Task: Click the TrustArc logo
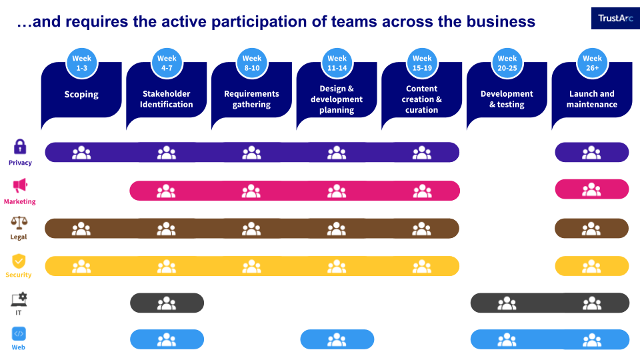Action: click(x=615, y=19)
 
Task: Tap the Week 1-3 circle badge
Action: click(x=81, y=63)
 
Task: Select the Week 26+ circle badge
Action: click(x=592, y=63)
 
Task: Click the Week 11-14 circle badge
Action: click(x=337, y=63)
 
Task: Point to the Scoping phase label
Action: click(x=81, y=94)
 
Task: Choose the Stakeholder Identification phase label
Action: click(x=167, y=99)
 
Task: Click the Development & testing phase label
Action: click(x=507, y=99)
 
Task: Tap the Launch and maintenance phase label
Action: click(x=592, y=99)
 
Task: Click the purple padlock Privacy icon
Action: click(x=20, y=147)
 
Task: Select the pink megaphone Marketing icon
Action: click(x=20, y=185)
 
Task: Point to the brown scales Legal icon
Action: click(x=19, y=223)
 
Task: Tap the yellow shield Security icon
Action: click(x=19, y=261)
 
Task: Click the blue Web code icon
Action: click(x=19, y=334)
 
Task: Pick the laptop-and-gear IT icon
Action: click(x=19, y=299)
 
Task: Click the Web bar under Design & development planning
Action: click(x=337, y=339)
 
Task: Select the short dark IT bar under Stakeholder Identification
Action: click(x=167, y=303)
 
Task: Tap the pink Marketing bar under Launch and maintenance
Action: click(x=592, y=189)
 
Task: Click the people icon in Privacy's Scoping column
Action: click(x=81, y=153)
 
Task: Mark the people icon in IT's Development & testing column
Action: click(x=507, y=303)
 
